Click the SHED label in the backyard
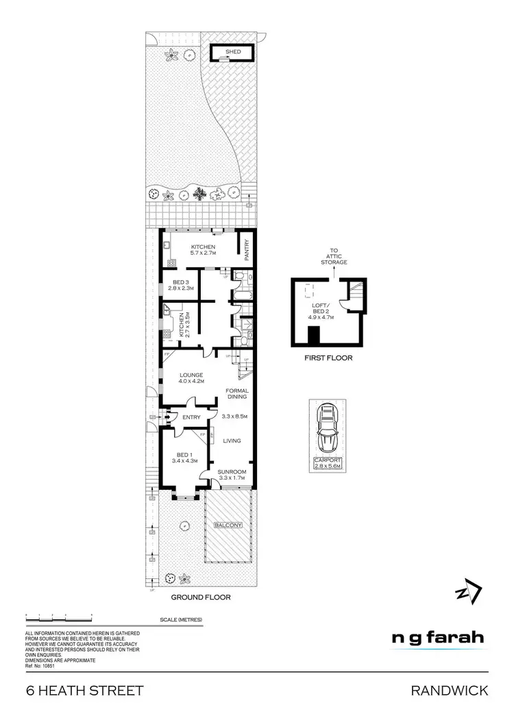pyautogui.click(x=232, y=51)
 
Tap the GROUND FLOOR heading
pyautogui.click(x=201, y=597)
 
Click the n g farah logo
pyautogui.click(x=437, y=637)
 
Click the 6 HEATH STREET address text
pyautogui.click(x=85, y=691)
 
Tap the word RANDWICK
pyautogui.click(x=449, y=691)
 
